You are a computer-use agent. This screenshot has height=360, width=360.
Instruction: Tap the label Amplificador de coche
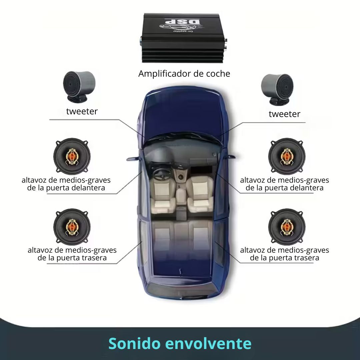pos(184,74)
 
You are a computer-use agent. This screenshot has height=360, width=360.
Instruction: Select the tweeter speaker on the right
pos(277,89)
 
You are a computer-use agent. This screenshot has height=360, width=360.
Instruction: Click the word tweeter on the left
pos(82,111)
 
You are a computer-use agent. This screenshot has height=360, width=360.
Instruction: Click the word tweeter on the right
pos(284,114)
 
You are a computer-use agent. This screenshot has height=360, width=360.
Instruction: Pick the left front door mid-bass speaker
pos(72,156)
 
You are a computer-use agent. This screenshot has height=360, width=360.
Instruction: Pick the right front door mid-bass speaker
pos(287,156)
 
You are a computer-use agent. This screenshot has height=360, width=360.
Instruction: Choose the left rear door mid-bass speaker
pos(72,227)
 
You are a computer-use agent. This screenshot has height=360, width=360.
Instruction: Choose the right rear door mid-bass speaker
pos(287,227)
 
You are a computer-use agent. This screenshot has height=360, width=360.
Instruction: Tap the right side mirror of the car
pos(230,157)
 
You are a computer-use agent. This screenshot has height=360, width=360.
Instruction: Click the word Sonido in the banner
pos(134,343)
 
